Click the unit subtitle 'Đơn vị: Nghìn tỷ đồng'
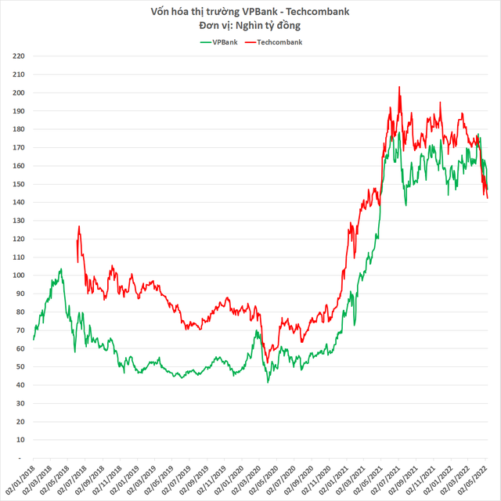250,26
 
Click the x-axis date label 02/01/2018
22,478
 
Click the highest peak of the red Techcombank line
399,87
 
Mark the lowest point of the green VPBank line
268,382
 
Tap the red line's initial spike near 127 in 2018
79,226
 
